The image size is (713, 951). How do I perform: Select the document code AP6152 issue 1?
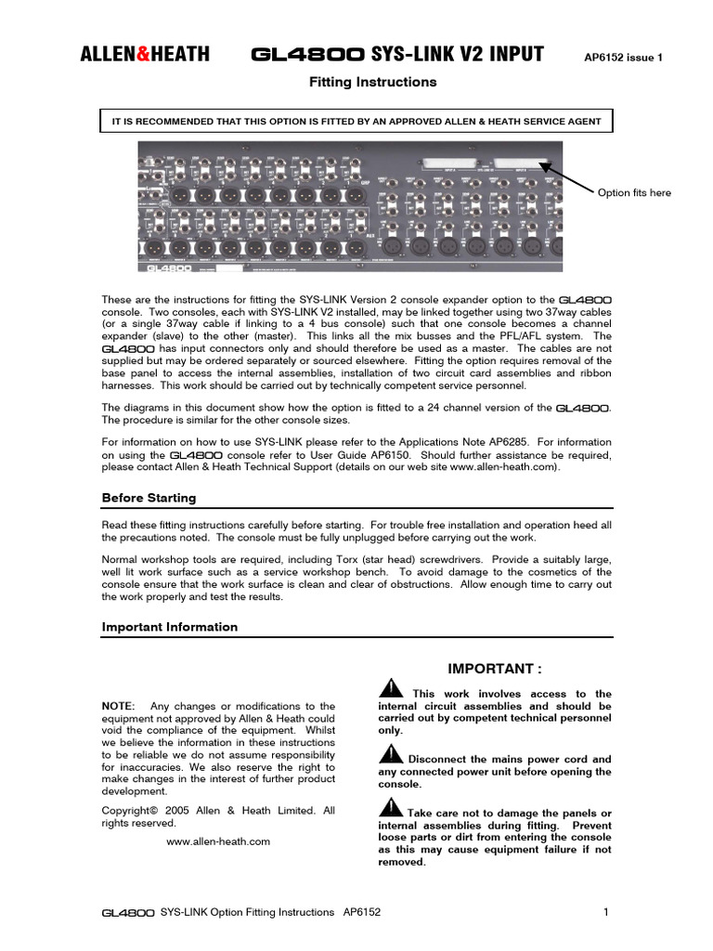pyautogui.click(x=623, y=58)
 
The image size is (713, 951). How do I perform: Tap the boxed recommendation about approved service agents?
pyautogui.click(x=356, y=122)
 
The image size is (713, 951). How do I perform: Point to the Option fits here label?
pyautogui.click(x=634, y=193)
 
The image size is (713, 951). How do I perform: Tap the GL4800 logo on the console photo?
pyautogui.click(x=167, y=267)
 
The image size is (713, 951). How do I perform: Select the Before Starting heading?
pyautogui.click(x=149, y=498)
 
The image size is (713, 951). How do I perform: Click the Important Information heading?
pyautogui.click(x=169, y=627)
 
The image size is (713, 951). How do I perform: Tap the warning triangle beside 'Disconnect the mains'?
pyautogui.click(x=391, y=754)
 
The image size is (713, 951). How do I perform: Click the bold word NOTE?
pyautogui.click(x=118, y=707)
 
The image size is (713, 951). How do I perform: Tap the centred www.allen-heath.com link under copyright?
pyautogui.click(x=218, y=841)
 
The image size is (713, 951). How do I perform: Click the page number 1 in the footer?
pyautogui.click(x=606, y=913)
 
